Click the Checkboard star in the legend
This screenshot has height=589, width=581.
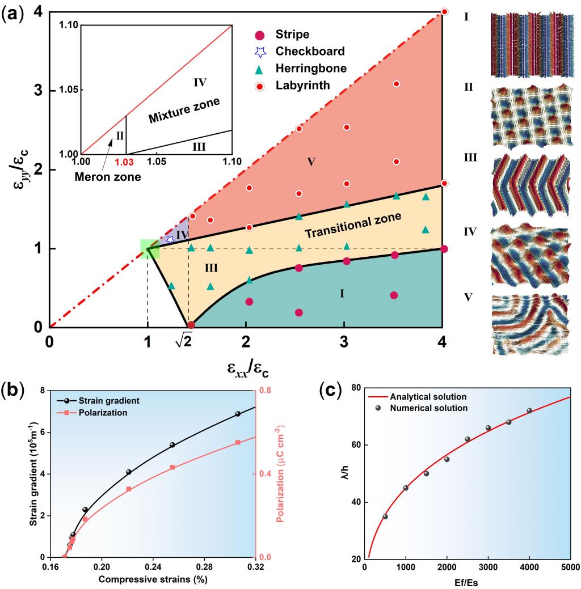click(x=260, y=52)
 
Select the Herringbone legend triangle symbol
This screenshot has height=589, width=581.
click(x=260, y=69)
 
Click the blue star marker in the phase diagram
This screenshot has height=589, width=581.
click(x=170, y=239)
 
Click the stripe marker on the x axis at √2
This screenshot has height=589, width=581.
click(x=191, y=325)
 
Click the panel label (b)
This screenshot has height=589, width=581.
click(x=12, y=391)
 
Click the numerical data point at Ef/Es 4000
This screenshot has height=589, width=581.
click(x=529, y=410)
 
